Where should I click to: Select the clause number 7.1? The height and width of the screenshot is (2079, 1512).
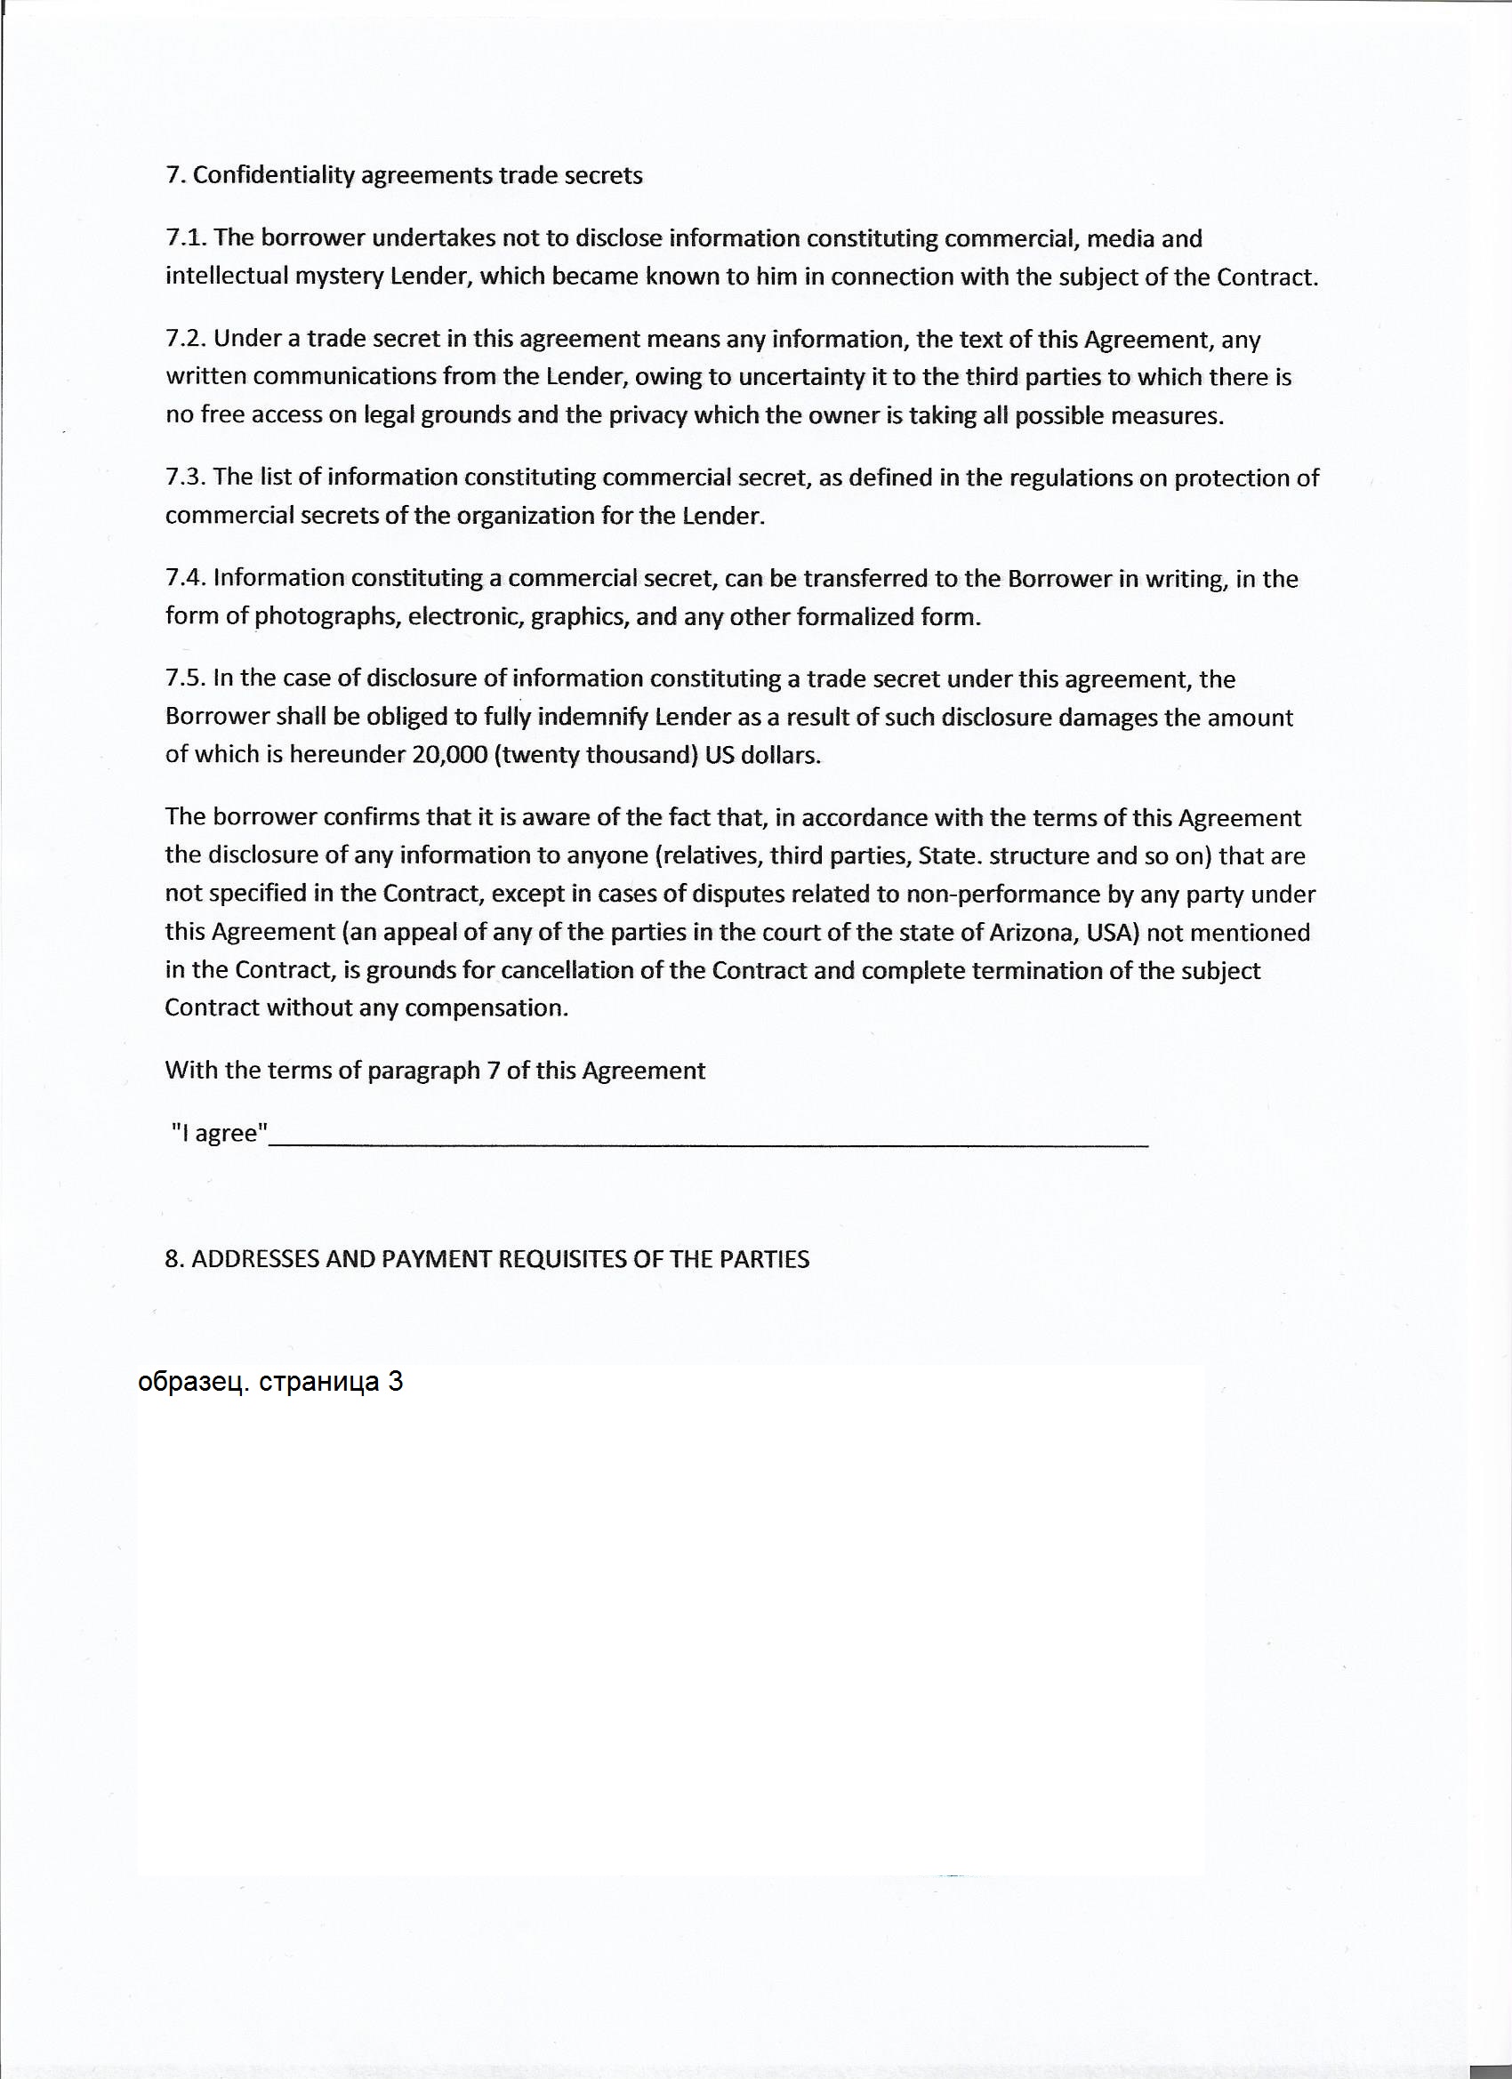(x=187, y=238)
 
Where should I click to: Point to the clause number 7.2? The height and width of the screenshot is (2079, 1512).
(x=187, y=339)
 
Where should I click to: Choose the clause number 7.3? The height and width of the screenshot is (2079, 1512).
(x=187, y=477)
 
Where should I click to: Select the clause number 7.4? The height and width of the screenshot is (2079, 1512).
(x=187, y=577)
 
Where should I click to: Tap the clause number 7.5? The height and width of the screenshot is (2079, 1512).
(x=187, y=678)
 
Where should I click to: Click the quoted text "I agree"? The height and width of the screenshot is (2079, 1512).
(x=220, y=1134)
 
